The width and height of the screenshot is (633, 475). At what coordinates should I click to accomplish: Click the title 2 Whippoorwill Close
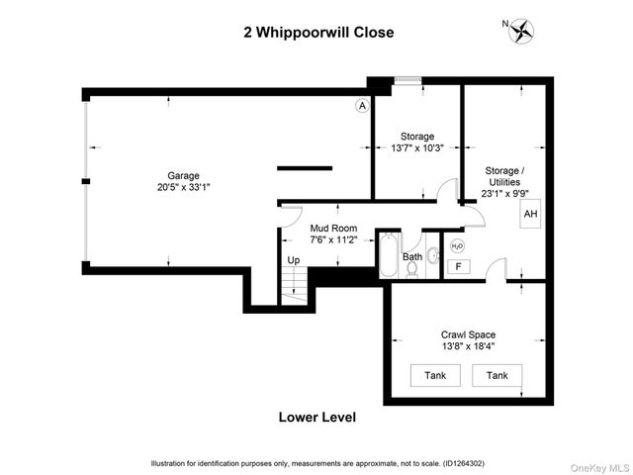click(318, 32)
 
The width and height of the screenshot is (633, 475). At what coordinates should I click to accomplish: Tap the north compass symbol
click(520, 32)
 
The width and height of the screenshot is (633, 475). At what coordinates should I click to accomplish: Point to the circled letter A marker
click(362, 106)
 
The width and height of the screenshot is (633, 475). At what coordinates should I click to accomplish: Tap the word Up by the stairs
click(293, 260)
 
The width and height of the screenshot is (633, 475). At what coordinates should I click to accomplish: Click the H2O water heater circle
click(457, 246)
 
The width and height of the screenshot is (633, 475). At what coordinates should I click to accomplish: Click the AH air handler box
click(530, 214)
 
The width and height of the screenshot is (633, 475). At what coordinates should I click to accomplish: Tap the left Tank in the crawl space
click(435, 375)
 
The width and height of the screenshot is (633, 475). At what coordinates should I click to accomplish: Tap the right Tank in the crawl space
click(497, 375)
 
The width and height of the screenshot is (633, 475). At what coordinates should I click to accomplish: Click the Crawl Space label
click(468, 334)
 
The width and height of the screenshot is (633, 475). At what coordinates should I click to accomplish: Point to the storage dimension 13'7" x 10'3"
click(416, 148)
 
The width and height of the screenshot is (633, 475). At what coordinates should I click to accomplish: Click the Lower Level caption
click(317, 417)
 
